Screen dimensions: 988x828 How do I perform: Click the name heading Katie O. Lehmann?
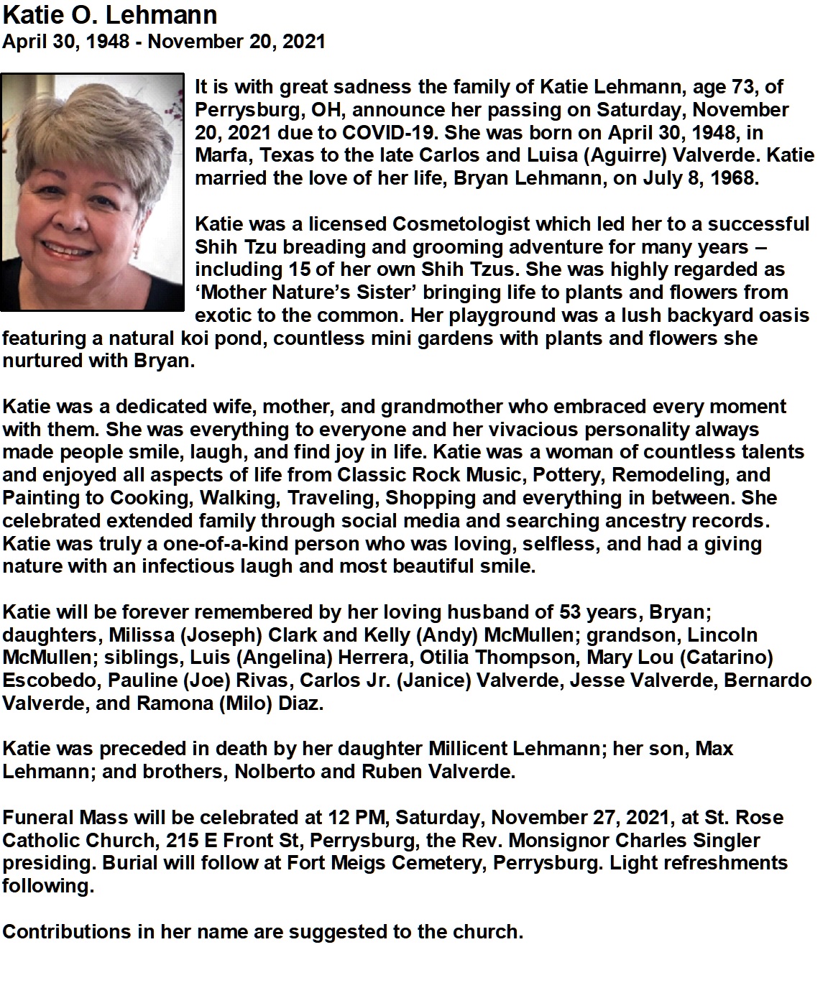pos(110,15)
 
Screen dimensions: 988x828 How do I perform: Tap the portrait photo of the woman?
pos(93,192)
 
